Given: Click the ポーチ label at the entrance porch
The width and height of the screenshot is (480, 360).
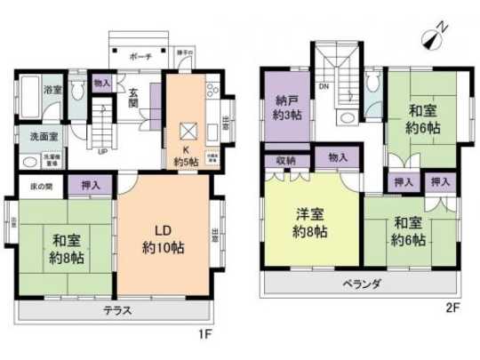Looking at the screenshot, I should click(140, 56).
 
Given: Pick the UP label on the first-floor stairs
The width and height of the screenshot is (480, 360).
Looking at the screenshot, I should click(104, 150).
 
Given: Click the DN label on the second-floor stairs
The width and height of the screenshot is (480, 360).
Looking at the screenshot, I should click(324, 86).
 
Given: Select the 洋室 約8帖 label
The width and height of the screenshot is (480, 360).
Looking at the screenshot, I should click(311, 219).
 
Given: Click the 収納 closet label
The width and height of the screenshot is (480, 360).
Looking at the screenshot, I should click(285, 160).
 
